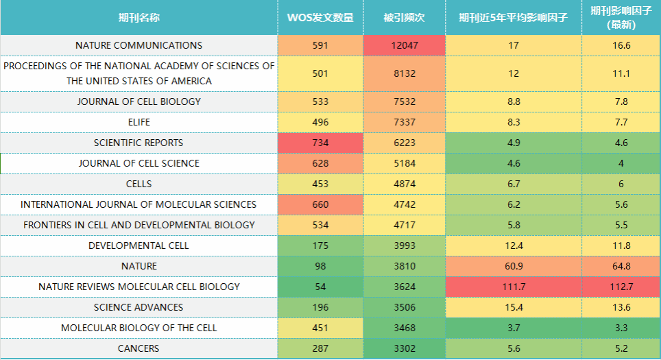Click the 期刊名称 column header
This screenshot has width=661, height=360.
point(139,17)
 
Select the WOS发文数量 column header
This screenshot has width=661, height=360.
point(320,17)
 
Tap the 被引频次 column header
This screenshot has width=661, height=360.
point(404,17)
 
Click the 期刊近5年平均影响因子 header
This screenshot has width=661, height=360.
point(513,17)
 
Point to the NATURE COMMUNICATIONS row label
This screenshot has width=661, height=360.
point(139,45)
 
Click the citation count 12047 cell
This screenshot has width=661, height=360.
point(404,45)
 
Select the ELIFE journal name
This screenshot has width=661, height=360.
point(139,122)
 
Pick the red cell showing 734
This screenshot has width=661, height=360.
point(320,143)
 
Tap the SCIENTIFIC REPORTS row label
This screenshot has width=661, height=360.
point(139,143)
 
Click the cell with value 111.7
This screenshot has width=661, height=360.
point(513,287)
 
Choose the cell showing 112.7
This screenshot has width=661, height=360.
point(621,287)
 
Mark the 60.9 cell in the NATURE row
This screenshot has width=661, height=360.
point(513,266)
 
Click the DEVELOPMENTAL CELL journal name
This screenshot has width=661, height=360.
point(139,245)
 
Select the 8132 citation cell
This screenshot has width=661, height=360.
point(404,73)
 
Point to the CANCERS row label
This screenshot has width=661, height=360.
point(139,348)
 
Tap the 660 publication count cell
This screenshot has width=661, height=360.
point(320,204)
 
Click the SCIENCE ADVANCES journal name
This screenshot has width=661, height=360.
point(139,307)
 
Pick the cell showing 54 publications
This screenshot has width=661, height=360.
point(320,287)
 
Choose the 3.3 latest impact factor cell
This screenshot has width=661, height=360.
point(621,328)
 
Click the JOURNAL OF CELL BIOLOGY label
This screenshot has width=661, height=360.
point(139,101)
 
